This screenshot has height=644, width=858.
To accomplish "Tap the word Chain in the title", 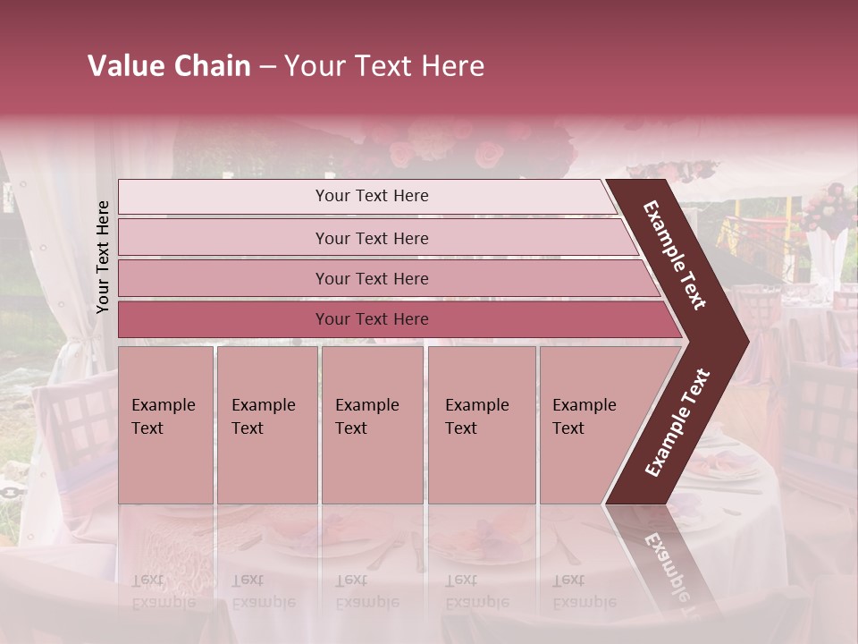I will coord(211,66).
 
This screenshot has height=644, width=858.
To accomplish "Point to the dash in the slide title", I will coord(267,67).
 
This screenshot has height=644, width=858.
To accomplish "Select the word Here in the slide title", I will coord(452,66).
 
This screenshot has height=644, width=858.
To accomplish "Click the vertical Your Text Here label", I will coord(103,257).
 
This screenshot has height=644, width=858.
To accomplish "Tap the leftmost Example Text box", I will coord(165,425).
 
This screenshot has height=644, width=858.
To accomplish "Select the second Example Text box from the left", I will coord(267,425).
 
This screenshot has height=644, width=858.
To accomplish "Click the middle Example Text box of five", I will coord(372,425).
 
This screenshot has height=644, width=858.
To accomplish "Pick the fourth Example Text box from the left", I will coord(482,425).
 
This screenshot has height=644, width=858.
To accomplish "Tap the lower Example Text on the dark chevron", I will coord(677,422).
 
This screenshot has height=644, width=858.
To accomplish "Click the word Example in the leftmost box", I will coord(163,405).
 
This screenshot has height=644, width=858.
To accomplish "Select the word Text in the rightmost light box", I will coord(568,428).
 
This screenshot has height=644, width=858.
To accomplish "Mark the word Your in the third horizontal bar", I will coord(332,279).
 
